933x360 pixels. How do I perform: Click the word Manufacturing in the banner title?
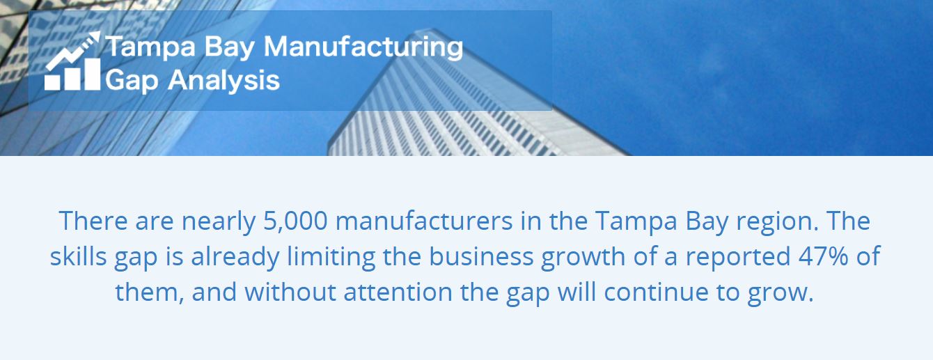tap(363, 47)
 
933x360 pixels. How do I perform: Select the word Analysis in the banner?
tap(224, 79)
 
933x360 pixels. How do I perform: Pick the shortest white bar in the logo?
tap(52, 82)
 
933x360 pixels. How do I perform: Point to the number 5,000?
tap(295, 221)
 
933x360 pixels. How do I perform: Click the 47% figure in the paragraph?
tap(823, 256)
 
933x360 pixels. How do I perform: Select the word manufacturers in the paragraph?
tap(424, 221)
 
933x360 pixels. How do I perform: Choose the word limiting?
tap(331, 257)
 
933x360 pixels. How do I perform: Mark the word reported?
tap(737, 257)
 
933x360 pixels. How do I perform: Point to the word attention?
tap(398, 292)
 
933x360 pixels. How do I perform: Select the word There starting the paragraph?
tap(93, 221)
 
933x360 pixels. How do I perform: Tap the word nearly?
tap(219, 222)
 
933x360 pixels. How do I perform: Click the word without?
tap(290, 292)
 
